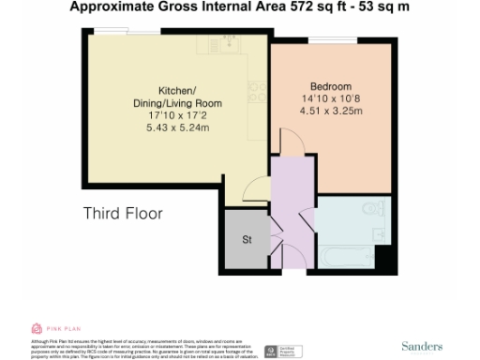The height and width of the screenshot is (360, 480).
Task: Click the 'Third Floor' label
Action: pyautogui.click(x=123, y=214)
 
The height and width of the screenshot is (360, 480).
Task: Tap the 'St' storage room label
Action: pyautogui.click(x=247, y=240)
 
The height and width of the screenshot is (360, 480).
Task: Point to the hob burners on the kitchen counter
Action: pyautogui.click(x=254, y=91)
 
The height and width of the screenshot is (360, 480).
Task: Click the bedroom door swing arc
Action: pyautogui.click(x=290, y=144)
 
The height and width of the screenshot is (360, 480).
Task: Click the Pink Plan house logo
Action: pyautogui.click(x=37, y=328)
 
